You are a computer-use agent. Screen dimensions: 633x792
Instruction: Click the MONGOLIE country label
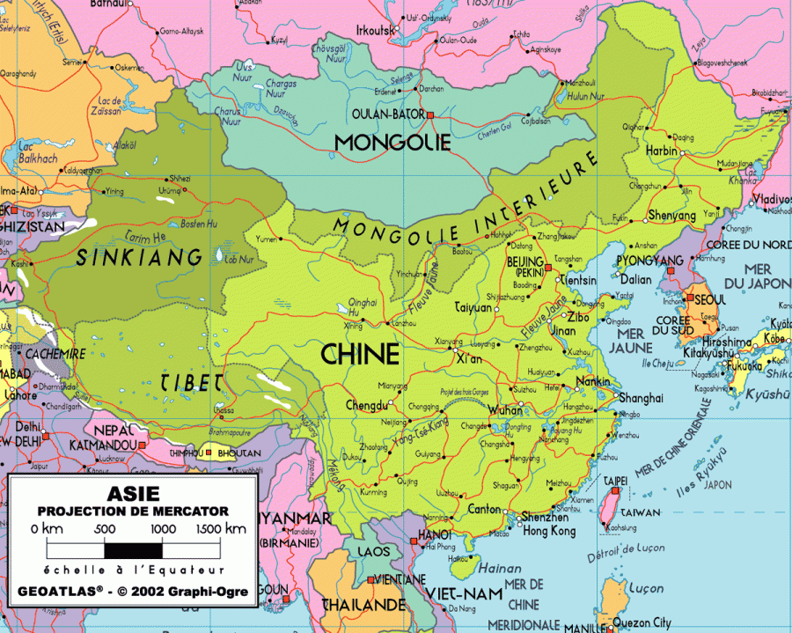392,142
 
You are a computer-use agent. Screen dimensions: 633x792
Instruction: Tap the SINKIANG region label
139,258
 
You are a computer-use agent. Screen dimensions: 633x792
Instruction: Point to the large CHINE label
360,354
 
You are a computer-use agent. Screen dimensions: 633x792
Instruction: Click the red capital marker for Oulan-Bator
431,114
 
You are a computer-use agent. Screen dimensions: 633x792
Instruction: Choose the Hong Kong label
548,531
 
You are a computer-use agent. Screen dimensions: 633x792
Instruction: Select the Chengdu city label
367,406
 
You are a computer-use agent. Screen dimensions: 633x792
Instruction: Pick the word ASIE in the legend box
133,494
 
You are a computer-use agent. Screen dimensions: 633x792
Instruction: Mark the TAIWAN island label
641,512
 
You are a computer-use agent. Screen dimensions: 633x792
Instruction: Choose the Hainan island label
498,570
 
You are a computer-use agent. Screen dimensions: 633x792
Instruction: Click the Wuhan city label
505,410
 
